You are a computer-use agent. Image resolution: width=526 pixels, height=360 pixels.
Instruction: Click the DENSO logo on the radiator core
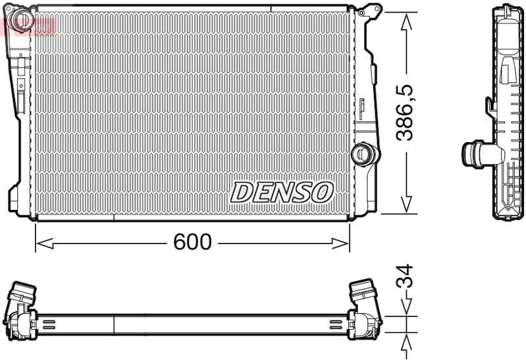282,192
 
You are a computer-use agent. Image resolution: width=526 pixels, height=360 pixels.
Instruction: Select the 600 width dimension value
192,243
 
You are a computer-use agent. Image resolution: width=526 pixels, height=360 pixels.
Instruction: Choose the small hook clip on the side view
490,105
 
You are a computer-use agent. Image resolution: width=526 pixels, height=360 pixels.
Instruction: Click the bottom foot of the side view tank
508,214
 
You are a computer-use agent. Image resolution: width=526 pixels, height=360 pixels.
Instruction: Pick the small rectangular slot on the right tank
362,105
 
